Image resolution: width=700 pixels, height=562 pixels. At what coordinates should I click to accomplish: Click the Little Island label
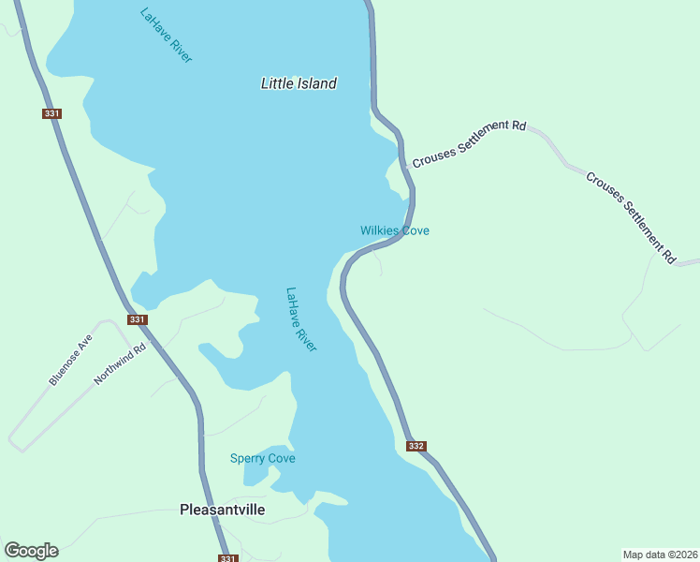coord(298,83)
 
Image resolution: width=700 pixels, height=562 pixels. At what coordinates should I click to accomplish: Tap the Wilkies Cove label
coord(395,230)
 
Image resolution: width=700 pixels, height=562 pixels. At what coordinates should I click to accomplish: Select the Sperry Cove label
coord(263,458)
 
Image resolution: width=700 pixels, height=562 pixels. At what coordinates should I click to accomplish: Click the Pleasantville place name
coord(222,510)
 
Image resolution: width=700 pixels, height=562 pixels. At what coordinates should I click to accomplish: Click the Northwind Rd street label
coord(120,364)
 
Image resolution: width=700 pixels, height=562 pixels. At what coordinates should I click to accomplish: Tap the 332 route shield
coord(416,446)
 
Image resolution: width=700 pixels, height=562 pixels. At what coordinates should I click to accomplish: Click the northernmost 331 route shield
coord(51,113)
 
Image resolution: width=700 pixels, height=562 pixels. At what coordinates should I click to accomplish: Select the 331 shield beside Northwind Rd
coord(138,319)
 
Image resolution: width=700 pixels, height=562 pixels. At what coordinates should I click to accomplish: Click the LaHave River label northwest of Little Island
coord(166,36)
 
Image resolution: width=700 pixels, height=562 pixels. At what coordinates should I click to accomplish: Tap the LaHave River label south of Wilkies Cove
coord(301,319)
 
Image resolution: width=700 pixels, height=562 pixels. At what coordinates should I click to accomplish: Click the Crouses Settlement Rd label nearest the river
coord(470,142)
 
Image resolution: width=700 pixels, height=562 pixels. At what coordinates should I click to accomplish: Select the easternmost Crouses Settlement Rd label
coord(631,216)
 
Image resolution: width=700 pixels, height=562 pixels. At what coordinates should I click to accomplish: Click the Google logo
coord(31,551)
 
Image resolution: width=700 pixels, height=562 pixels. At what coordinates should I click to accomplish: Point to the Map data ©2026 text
coord(659,555)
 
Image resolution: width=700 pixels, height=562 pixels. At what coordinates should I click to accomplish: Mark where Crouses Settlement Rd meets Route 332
coord(410,169)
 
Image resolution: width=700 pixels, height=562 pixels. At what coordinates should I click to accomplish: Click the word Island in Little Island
coord(316,83)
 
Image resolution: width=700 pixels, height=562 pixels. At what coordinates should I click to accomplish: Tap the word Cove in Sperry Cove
coord(280,458)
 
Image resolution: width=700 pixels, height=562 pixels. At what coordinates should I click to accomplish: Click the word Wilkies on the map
coord(380,230)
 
